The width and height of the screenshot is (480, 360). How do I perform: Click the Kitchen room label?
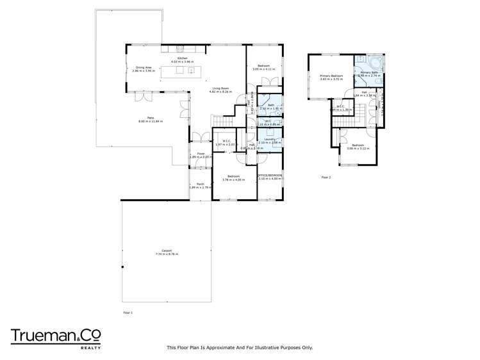coord(182,58)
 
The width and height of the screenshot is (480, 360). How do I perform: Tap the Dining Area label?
coord(143,67)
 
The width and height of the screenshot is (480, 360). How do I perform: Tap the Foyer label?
coord(201,154)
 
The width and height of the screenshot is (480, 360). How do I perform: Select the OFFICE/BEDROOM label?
coord(270,175)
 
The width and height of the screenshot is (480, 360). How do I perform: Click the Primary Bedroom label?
coord(331,76)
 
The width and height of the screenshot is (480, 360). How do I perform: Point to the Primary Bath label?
coord(370,72)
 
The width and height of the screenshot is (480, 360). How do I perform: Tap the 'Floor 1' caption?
coord(128,312)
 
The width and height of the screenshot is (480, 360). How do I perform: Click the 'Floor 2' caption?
coord(326,177)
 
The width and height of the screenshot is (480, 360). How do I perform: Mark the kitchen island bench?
coord(180,70)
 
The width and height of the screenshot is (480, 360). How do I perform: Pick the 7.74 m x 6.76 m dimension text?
coord(167,254)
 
